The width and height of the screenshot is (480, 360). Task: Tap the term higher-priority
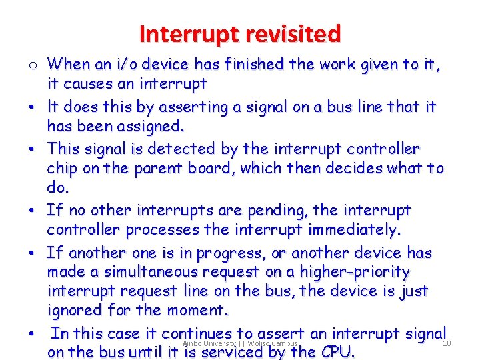click(354, 273)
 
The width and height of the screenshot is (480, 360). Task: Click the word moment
click(197, 311)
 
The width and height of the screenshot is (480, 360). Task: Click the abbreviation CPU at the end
click(337, 351)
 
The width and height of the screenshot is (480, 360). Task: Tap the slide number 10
click(447, 343)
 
